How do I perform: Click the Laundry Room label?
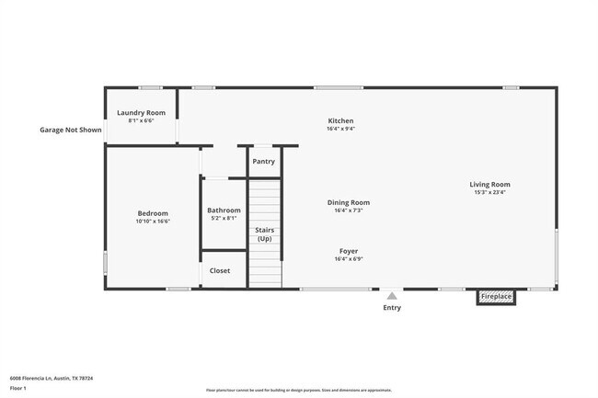141,113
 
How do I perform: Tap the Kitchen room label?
340,120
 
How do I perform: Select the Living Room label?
489,184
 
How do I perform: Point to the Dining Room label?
349,202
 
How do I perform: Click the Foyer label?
349,251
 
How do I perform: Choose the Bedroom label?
153,213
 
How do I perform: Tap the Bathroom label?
224,210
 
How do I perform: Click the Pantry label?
263,162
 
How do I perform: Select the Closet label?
220,270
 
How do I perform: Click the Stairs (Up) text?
264,234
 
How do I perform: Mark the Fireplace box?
496,297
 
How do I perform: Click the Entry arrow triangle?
392,296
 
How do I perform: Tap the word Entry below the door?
392,308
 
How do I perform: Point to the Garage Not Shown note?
70,130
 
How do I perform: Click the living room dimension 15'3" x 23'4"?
489,192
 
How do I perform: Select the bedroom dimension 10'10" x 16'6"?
153,222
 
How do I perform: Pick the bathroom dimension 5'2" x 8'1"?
224,218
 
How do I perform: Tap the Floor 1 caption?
19,388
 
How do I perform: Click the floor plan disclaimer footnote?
299,391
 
